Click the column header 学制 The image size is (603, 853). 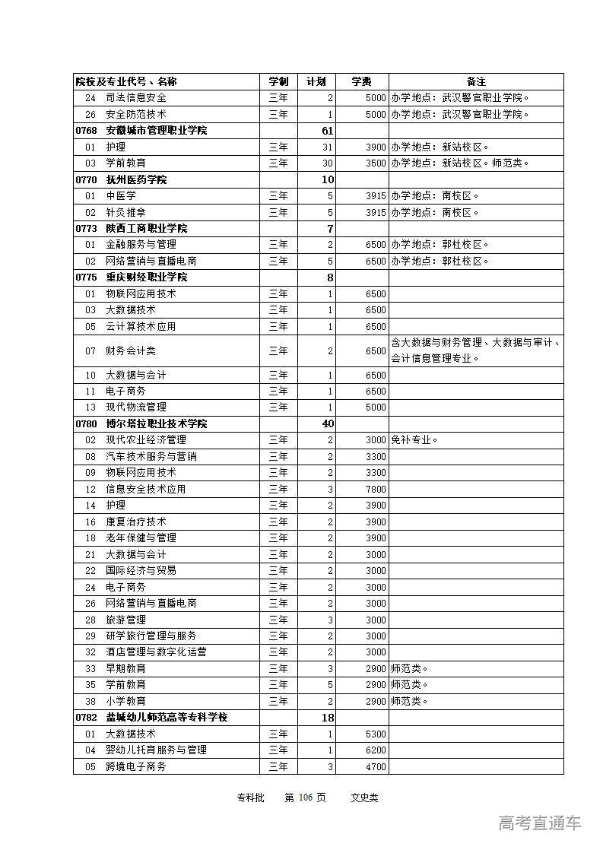[x=278, y=81]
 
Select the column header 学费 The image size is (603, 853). [x=362, y=81]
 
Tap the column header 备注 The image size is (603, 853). [x=476, y=81]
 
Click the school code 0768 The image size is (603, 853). [x=87, y=131]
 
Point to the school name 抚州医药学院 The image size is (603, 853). [x=136, y=179]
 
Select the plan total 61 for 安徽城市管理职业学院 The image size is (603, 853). [x=328, y=131]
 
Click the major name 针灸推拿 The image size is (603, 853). [x=125, y=212]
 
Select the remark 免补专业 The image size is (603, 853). [x=414, y=439]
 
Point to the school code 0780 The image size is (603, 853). [x=87, y=423]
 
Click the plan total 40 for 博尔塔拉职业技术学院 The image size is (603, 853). [x=328, y=423]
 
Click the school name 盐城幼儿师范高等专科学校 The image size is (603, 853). [x=167, y=717]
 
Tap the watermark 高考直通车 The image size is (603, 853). [x=540, y=823]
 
